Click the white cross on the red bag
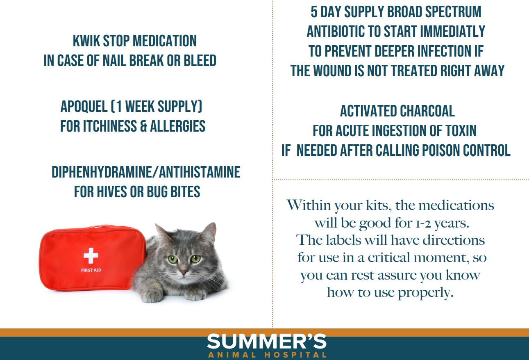[91, 255]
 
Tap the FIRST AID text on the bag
[91, 270]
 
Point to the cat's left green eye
[173, 260]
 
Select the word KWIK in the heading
[86, 41]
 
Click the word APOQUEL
[84, 106]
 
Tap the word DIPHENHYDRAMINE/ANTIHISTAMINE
[146, 172]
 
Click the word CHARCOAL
[427, 111]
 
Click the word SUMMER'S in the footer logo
[267, 341]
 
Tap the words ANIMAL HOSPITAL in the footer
[267, 355]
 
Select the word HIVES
[112, 191]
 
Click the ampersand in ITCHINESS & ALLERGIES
[143, 126]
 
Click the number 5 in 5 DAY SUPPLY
[314, 12]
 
